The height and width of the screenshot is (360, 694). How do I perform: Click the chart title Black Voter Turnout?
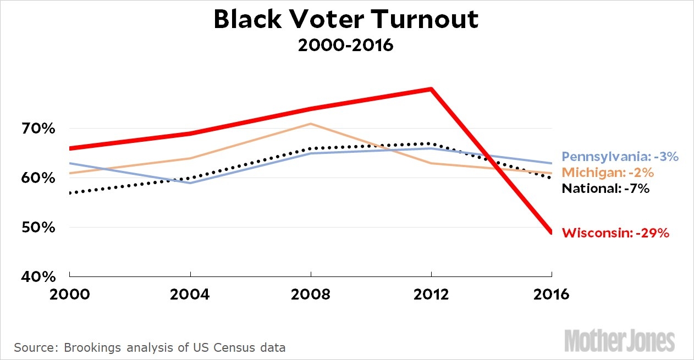[346, 20]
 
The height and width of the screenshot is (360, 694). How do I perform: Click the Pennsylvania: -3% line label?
[620, 157]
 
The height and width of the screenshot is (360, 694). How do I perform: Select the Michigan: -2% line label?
[608, 173]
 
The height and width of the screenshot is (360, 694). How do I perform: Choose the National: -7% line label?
[606, 189]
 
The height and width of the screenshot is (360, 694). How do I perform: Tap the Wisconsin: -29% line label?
[615, 233]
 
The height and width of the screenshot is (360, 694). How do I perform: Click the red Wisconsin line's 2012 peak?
[432, 89]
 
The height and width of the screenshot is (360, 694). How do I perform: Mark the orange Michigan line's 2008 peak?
[311, 124]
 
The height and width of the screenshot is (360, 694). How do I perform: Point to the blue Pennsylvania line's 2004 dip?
[190, 182]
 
